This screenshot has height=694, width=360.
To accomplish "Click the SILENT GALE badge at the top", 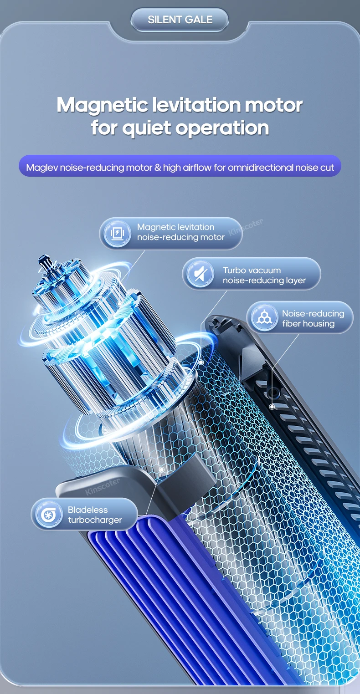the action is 180,20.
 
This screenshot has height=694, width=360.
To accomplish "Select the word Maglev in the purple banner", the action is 42,168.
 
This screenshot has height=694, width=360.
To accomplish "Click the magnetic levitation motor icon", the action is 117,233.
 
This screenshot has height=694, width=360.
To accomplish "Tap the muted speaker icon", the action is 201,274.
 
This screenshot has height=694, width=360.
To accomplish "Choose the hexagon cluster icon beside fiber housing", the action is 264,317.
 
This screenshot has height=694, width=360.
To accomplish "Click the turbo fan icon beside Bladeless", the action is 49,515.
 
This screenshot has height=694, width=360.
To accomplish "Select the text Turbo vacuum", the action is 252,270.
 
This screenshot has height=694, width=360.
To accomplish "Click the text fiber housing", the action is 308,324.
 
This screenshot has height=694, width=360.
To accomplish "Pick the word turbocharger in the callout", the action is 95,520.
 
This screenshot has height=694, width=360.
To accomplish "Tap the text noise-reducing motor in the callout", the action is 181,237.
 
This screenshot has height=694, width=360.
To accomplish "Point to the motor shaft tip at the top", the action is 44,258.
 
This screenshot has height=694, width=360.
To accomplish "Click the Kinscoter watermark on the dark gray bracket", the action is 103,487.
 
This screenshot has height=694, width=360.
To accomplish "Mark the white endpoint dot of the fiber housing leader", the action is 272,407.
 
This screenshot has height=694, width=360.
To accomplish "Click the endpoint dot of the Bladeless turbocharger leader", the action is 162,469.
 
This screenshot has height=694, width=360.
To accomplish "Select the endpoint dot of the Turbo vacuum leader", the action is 201,362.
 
